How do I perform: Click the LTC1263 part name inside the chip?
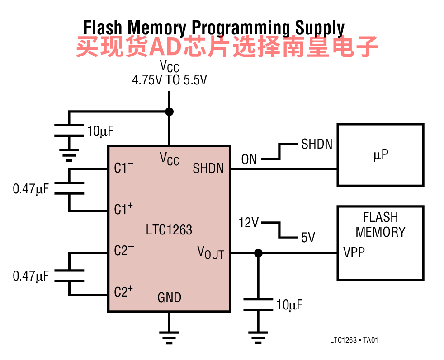169,230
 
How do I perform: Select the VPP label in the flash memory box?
354,252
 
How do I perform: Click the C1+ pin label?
123,209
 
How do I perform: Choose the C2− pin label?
124,250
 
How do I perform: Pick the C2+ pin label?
123,291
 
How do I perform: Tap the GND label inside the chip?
170,298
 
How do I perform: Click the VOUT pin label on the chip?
210,252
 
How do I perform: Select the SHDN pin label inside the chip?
208,168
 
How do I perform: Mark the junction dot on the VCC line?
169,112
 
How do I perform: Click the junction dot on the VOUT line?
258,253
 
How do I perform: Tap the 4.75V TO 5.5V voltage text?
170,80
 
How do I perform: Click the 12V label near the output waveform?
249,223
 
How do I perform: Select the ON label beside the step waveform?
249,159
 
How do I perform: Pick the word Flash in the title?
103,28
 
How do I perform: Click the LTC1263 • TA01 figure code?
354,340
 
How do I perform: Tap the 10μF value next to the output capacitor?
289,305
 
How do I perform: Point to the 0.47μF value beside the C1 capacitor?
31,189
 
